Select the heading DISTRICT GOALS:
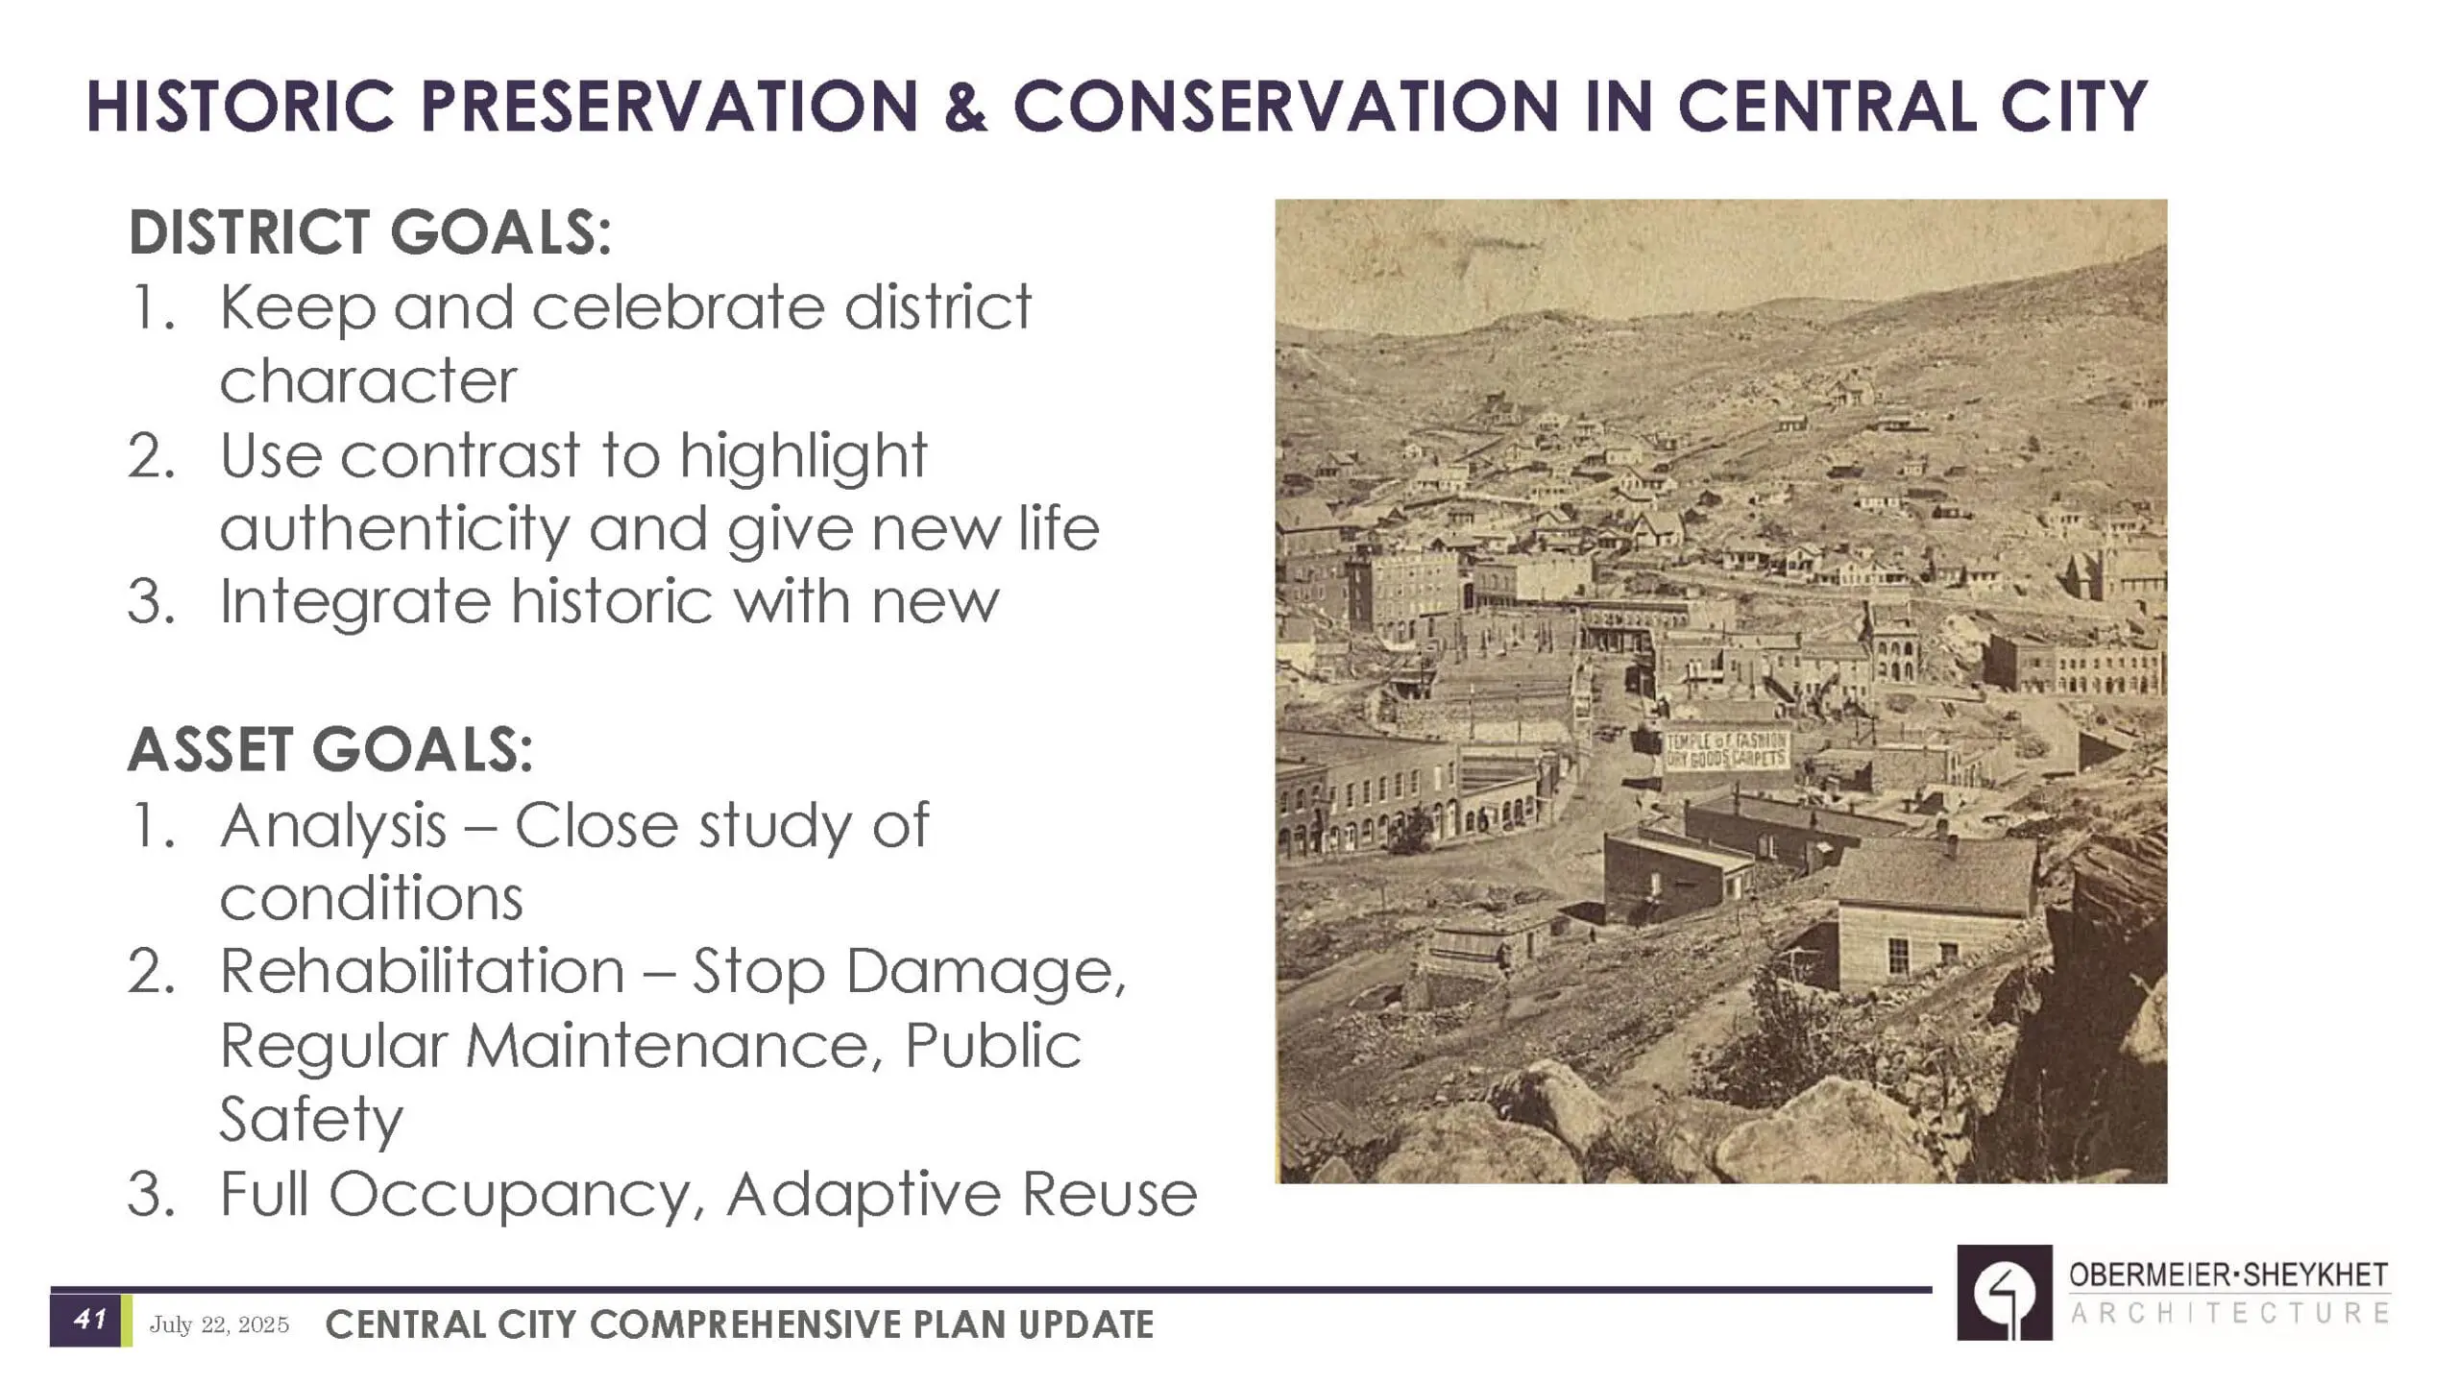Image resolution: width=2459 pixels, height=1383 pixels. (370, 232)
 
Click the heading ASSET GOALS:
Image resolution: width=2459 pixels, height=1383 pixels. (330, 749)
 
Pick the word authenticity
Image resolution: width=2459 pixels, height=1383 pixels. (395, 530)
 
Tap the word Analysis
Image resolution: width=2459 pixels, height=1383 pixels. (334, 827)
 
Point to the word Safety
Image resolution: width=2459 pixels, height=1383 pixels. (311, 1120)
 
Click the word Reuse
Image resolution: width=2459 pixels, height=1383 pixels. (1109, 1195)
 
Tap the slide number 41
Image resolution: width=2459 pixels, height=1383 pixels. (89, 1320)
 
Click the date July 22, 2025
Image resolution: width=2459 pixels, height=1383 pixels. (219, 1325)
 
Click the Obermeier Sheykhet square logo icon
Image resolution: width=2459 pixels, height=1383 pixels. (2005, 1293)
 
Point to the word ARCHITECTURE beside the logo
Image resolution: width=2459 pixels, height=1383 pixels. (2229, 1313)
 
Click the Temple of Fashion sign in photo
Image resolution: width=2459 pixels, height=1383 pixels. (1726, 750)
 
